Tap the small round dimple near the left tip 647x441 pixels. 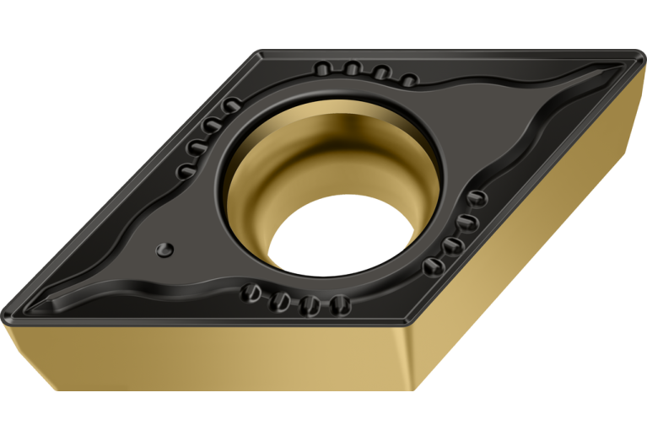click(165, 249)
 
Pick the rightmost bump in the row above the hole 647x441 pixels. click(408, 80)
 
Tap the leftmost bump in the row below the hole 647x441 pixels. click(251, 293)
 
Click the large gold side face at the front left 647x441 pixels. click(211, 363)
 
